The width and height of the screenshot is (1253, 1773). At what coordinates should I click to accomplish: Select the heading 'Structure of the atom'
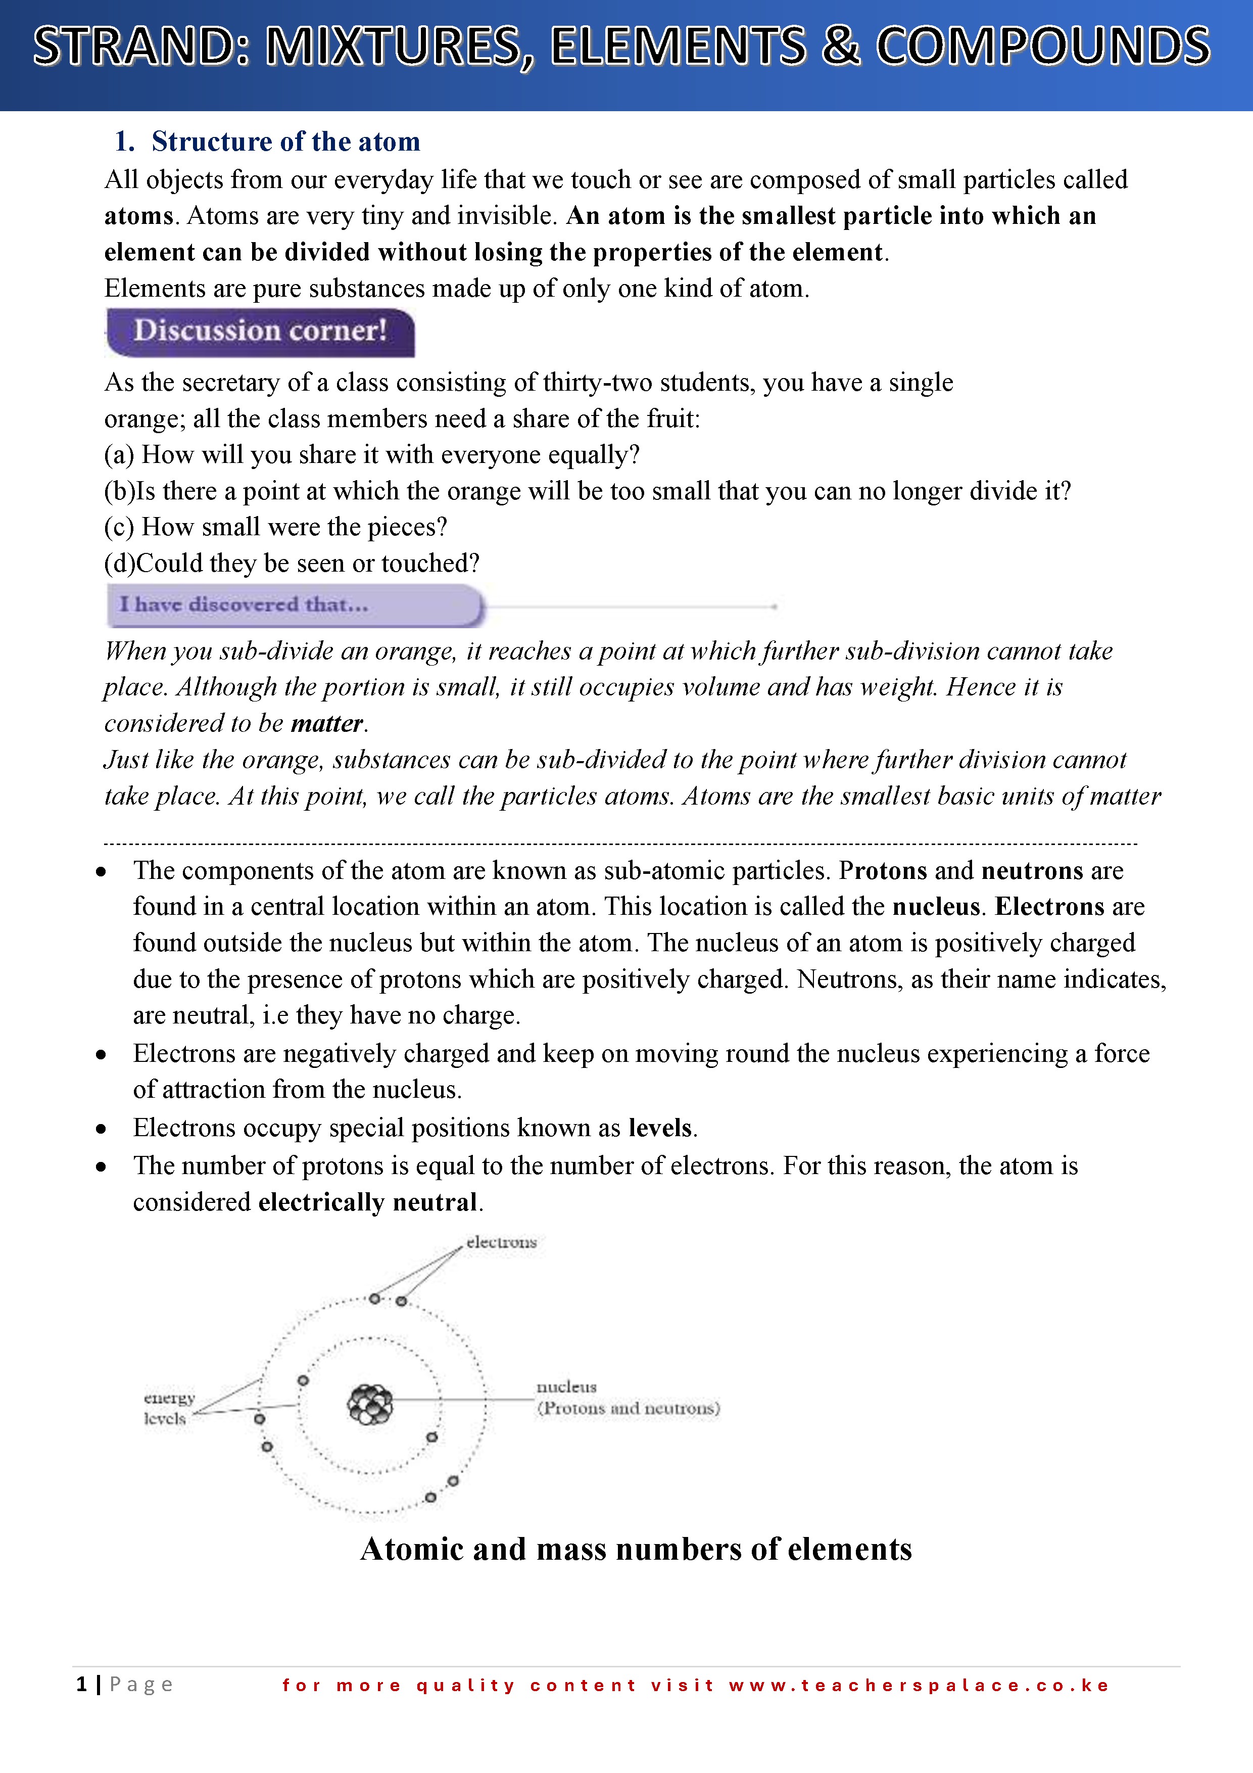285,142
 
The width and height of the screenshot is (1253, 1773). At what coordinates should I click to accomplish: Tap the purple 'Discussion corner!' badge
260,332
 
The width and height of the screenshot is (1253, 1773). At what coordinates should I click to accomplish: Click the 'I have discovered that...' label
244,604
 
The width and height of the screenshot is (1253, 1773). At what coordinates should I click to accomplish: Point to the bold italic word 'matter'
326,724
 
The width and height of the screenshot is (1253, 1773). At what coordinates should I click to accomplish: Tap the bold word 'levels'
660,1128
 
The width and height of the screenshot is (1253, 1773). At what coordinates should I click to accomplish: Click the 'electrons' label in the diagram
501,1242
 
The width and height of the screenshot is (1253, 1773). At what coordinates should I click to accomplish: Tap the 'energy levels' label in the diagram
168,1408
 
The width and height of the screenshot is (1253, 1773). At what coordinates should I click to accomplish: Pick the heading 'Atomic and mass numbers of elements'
636,1549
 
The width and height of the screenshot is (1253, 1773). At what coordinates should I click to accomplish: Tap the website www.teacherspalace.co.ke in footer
918,1685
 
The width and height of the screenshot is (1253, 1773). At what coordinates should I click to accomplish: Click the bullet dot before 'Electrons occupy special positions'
101,1130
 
